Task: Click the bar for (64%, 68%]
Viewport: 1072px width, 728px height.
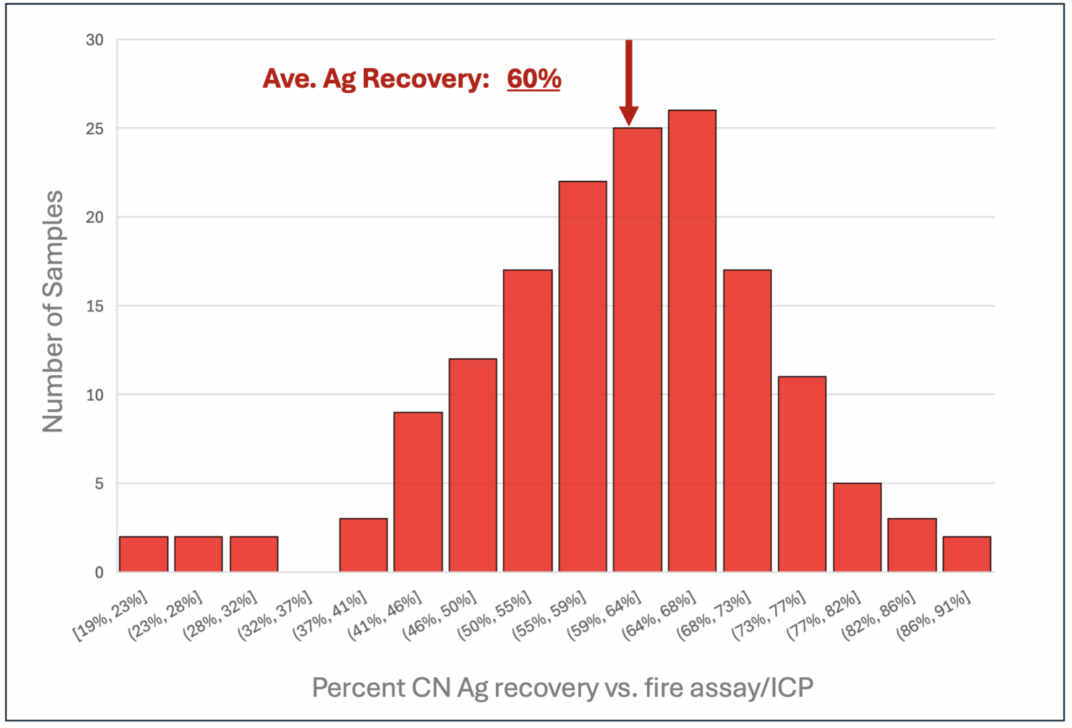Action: coord(692,341)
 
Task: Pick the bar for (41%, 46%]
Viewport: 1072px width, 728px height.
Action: coord(418,492)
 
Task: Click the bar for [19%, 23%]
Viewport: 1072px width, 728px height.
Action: coord(143,554)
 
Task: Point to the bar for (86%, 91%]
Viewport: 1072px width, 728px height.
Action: coord(966,554)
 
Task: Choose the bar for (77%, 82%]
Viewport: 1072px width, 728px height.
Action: coord(857,527)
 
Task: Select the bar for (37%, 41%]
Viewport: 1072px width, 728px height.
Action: coord(363,545)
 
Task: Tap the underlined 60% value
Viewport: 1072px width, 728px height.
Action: coord(533,79)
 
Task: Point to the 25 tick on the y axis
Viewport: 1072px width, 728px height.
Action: coord(95,129)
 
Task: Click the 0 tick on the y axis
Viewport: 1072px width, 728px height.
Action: coord(99,573)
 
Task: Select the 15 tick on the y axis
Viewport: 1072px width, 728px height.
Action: coord(95,306)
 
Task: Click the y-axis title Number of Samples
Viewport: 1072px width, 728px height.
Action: coord(53,311)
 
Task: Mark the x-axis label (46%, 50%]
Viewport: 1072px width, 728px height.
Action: coord(440,615)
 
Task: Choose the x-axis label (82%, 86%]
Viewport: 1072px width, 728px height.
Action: coord(879,615)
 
